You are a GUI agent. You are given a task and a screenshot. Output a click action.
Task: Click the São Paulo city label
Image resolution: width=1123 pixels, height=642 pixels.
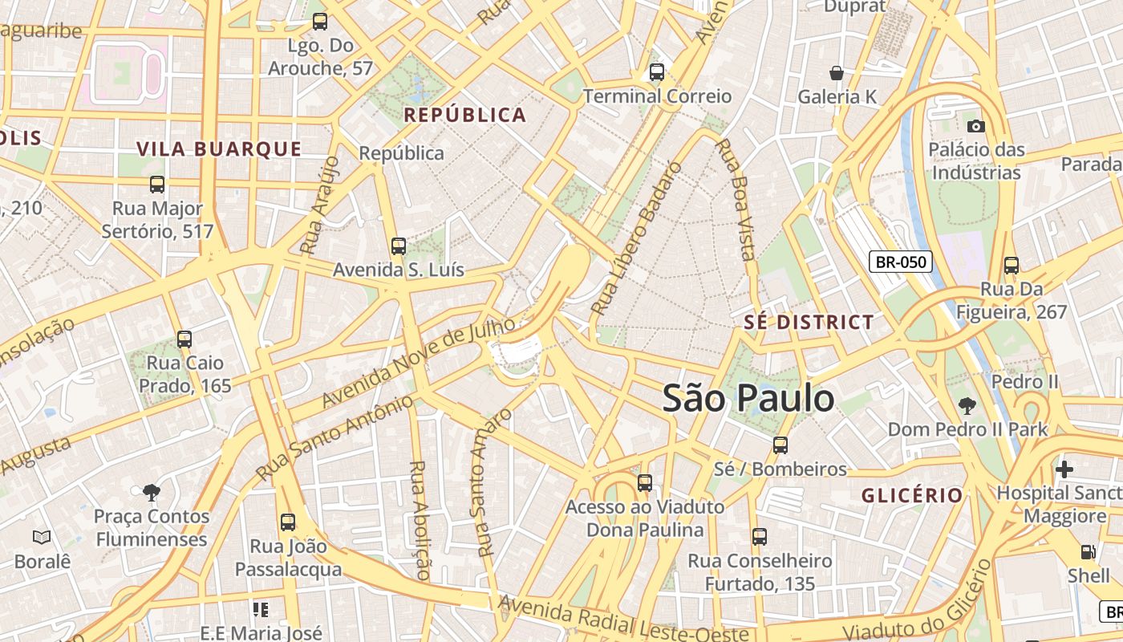point(748,399)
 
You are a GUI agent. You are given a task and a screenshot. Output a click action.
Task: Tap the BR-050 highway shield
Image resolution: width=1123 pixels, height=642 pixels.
point(901,262)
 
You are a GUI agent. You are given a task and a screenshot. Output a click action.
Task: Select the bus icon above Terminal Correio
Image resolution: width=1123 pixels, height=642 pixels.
point(657,72)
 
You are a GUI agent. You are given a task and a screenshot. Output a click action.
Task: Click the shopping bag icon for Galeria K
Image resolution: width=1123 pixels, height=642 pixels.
point(837,73)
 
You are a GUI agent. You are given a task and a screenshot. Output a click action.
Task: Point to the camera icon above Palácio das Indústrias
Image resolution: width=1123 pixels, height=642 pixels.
point(976,126)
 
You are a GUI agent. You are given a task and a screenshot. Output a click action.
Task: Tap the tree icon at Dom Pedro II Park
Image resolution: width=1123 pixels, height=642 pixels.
point(967,405)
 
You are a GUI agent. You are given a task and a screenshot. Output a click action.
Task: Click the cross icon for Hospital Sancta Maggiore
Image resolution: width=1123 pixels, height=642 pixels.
point(1064,469)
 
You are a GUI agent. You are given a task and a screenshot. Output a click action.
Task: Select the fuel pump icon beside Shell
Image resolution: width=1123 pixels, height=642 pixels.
point(1088,552)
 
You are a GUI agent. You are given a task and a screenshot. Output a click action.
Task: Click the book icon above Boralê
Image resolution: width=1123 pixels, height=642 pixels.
point(42,537)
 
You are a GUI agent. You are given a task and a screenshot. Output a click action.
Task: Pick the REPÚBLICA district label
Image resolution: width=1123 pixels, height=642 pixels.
point(464,115)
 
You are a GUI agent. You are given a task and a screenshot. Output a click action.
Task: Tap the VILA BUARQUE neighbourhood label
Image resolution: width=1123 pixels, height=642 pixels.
point(219,148)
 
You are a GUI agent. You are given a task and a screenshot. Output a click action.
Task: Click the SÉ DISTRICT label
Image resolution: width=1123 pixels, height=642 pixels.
point(809,323)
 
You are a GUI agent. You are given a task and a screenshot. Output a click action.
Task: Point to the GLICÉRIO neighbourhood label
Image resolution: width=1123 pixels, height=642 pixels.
point(912,495)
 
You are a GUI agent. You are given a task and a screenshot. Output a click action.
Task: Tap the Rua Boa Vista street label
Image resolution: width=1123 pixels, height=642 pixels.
point(736,200)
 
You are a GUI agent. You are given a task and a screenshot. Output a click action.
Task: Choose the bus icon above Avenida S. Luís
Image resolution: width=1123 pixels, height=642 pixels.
point(399,246)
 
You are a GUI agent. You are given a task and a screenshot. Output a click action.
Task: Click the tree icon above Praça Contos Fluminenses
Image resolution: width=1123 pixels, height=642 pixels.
point(151,492)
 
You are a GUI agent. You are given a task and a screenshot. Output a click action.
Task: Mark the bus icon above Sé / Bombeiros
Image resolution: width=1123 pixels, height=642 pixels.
point(780,445)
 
